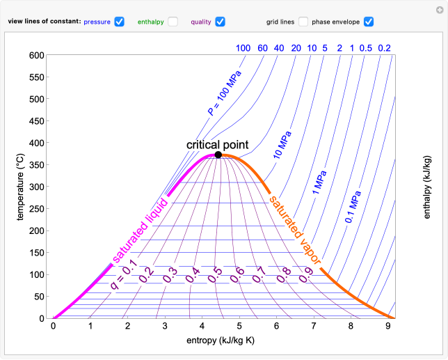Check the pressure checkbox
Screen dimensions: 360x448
click(x=119, y=22)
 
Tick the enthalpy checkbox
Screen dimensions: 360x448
click(x=173, y=22)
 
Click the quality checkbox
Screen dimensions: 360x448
click(x=220, y=22)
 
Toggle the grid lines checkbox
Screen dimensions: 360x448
click(x=304, y=22)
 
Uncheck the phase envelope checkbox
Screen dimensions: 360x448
click(x=369, y=22)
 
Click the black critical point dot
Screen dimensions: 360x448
click(x=218, y=155)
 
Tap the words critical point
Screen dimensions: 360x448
click(x=218, y=143)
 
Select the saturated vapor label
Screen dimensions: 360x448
click(x=295, y=229)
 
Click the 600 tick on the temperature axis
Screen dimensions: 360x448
click(x=36, y=55)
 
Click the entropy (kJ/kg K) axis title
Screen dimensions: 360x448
click(x=221, y=341)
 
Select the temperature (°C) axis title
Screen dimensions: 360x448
click(x=22, y=187)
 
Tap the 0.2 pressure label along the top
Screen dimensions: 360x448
click(x=384, y=48)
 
